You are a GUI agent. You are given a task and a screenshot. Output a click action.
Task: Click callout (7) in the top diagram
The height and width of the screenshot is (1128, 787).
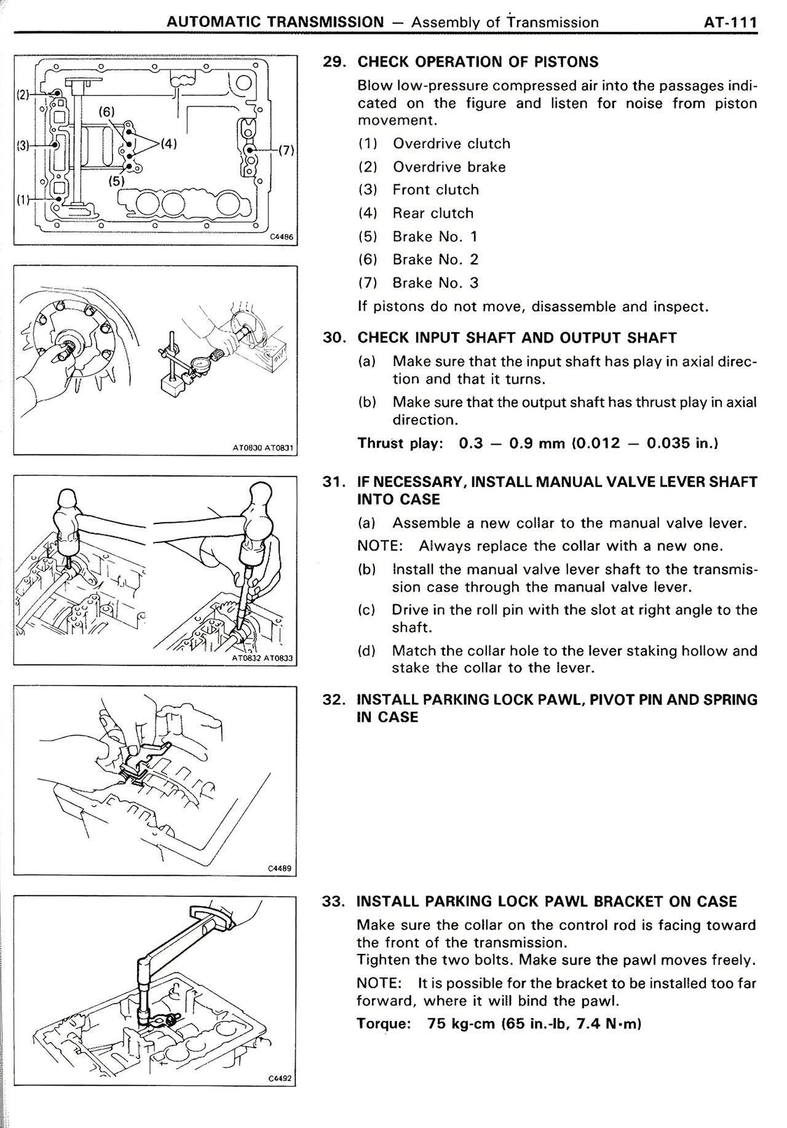tap(287, 150)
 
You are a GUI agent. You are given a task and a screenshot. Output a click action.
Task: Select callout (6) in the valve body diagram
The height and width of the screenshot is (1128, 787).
tap(106, 111)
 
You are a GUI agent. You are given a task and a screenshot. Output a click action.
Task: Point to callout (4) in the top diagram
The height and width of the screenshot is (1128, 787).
tap(168, 145)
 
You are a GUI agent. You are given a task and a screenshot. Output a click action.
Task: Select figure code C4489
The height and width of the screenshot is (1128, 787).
tap(279, 868)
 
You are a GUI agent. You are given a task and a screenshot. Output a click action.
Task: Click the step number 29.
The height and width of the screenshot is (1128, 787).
tap(335, 62)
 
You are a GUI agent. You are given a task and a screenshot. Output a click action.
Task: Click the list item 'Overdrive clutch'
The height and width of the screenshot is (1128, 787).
tap(451, 144)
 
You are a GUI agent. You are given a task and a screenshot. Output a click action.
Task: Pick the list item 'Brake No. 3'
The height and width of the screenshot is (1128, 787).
tap(435, 283)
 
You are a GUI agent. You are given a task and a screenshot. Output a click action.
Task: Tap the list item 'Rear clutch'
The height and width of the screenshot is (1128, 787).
tap(433, 213)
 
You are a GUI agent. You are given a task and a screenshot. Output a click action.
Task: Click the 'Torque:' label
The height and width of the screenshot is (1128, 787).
tap(383, 1024)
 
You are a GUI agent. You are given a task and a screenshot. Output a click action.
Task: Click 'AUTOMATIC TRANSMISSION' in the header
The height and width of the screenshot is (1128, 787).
tap(275, 23)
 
